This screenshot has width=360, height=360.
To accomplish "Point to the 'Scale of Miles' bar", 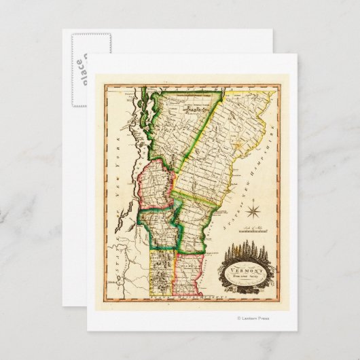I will click(254, 233).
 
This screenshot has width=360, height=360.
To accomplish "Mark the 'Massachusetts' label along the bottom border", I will click(183, 298).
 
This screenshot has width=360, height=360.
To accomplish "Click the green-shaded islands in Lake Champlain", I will click(142, 109).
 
